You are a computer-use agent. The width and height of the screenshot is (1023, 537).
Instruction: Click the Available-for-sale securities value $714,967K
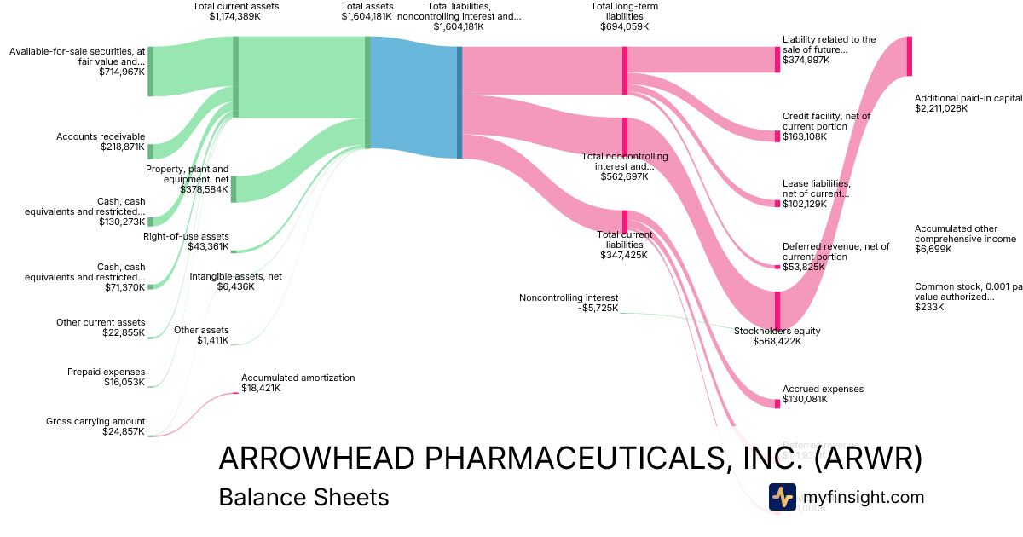pos(122,73)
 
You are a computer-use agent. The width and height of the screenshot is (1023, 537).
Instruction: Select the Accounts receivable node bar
pos(150,152)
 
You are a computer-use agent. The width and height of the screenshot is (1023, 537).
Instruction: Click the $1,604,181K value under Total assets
pos(367,16)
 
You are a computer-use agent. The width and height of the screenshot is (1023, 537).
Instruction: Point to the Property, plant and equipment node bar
pos(234,189)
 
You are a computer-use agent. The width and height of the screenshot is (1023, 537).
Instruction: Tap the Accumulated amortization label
pos(298,378)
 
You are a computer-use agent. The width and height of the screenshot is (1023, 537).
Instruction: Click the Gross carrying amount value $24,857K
pos(122,432)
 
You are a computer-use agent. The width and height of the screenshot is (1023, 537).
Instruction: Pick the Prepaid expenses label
pos(107,372)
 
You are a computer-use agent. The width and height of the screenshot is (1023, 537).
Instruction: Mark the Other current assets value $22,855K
pos(122,332)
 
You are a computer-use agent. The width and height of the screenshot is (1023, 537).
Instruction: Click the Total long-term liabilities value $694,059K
pos(624,26)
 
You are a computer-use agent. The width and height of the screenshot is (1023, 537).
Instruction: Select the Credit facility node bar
pos(777,136)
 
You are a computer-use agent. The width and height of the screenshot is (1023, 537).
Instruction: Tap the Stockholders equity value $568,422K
pos(777,341)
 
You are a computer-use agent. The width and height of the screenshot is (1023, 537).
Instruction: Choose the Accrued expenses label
pos(823,389)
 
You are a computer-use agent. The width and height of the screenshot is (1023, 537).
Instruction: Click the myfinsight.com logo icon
pos(782,497)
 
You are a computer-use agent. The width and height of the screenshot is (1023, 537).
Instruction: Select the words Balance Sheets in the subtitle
pos(303,497)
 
